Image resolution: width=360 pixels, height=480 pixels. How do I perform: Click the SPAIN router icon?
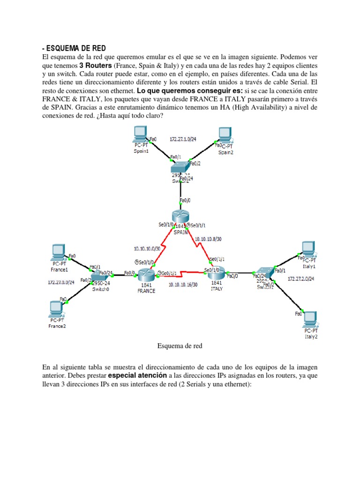tap(180, 217)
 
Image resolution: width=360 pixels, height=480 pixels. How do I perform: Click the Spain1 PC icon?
tap(140, 134)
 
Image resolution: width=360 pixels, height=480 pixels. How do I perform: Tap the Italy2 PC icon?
tap(311, 319)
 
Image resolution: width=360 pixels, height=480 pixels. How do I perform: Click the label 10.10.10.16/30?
tap(182, 284)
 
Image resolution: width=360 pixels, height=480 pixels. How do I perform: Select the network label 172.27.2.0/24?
tap(300, 279)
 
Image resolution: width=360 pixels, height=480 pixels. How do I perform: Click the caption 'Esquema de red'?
tap(180, 346)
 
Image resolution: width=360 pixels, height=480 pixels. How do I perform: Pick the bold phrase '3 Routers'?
tap(96, 65)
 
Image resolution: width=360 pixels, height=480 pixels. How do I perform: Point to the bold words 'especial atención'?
tap(137, 376)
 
